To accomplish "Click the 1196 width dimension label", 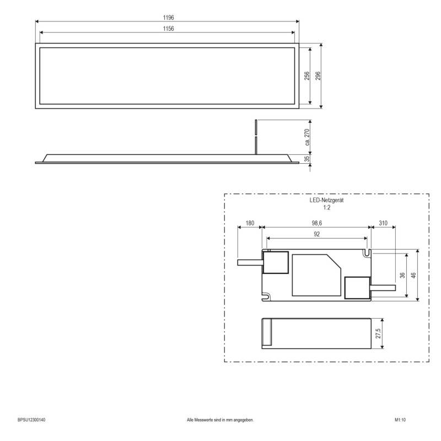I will pyautogui.click(x=168, y=18).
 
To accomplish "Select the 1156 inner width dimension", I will pyautogui.click(x=168, y=29).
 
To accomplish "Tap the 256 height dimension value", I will pyautogui.click(x=307, y=76).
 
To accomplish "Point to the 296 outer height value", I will pyautogui.click(x=318, y=76).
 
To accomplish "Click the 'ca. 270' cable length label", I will pyautogui.click(x=308, y=138).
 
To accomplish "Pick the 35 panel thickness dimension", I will pyautogui.click(x=308, y=159).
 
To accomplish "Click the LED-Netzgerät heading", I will pyautogui.click(x=326, y=202).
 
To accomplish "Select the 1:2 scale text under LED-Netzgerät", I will pyautogui.click(x=326, y=208).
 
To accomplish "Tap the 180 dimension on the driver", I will pyautogui.click(x=249, y=223).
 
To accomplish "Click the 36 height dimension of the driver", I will pyautogui.click(x=403, y=276).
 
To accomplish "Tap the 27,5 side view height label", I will pyautogui.click(x=378, y=334).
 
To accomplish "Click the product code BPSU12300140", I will pyautogui.click(x=32, y=420).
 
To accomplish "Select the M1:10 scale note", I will pyautogui.click(x=400, y=420).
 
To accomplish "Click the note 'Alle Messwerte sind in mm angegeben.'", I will pyautogui.click(x=220, y=420).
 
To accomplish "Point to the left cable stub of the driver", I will pyautogui.click(x=249, y=262).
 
